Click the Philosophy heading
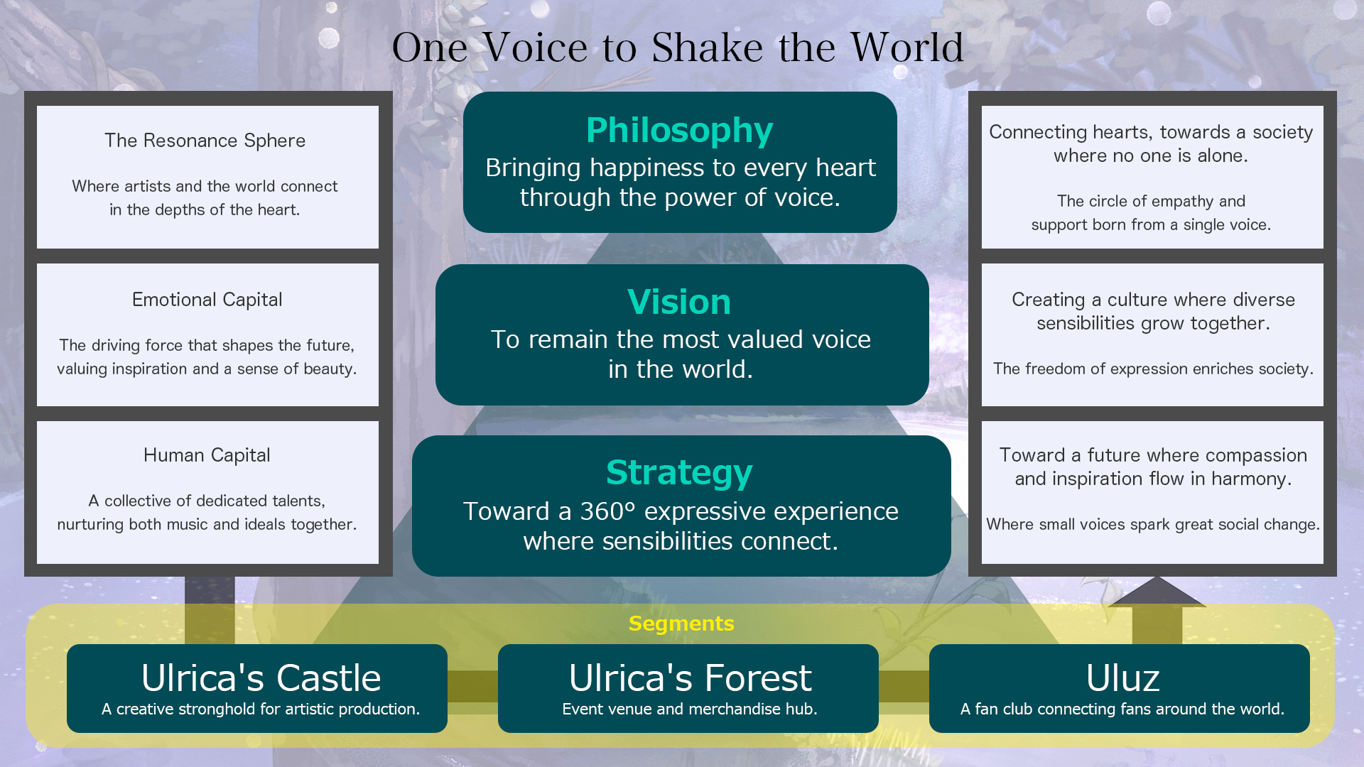tap(679, 131)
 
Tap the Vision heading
tap(679, 303)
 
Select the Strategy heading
tap(679, 473)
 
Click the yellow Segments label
tap(681, 624)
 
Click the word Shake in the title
tap(706, 48)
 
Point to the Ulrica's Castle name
tap(261, 678)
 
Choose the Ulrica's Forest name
tap(690, 678)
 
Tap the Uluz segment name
tap(1122, 678)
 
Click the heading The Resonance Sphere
tap(205, 141)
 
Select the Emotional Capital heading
tap(207, 300)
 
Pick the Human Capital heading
tap(207, 455)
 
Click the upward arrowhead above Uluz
tap(1157, 592)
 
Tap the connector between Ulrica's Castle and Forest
tap(472, 686)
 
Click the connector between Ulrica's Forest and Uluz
tap(904, 686)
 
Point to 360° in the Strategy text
tap(608, 511)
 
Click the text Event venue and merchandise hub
tap(690, 709)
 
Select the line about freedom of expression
tap(1153, 369)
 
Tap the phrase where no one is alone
tap(1150, 156)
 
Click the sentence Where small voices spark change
tap(1152, 524)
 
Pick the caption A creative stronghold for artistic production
tap(261, 709)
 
